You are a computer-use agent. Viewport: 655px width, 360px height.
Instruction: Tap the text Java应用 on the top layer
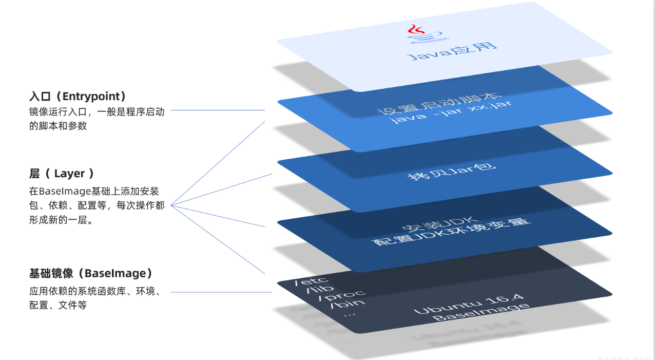point(452,50)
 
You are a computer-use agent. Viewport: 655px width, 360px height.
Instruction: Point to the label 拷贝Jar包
point(445,170)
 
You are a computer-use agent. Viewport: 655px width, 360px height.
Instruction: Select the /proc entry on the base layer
point(341,295)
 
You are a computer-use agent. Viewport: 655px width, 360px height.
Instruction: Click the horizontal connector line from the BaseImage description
point(221,292)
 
